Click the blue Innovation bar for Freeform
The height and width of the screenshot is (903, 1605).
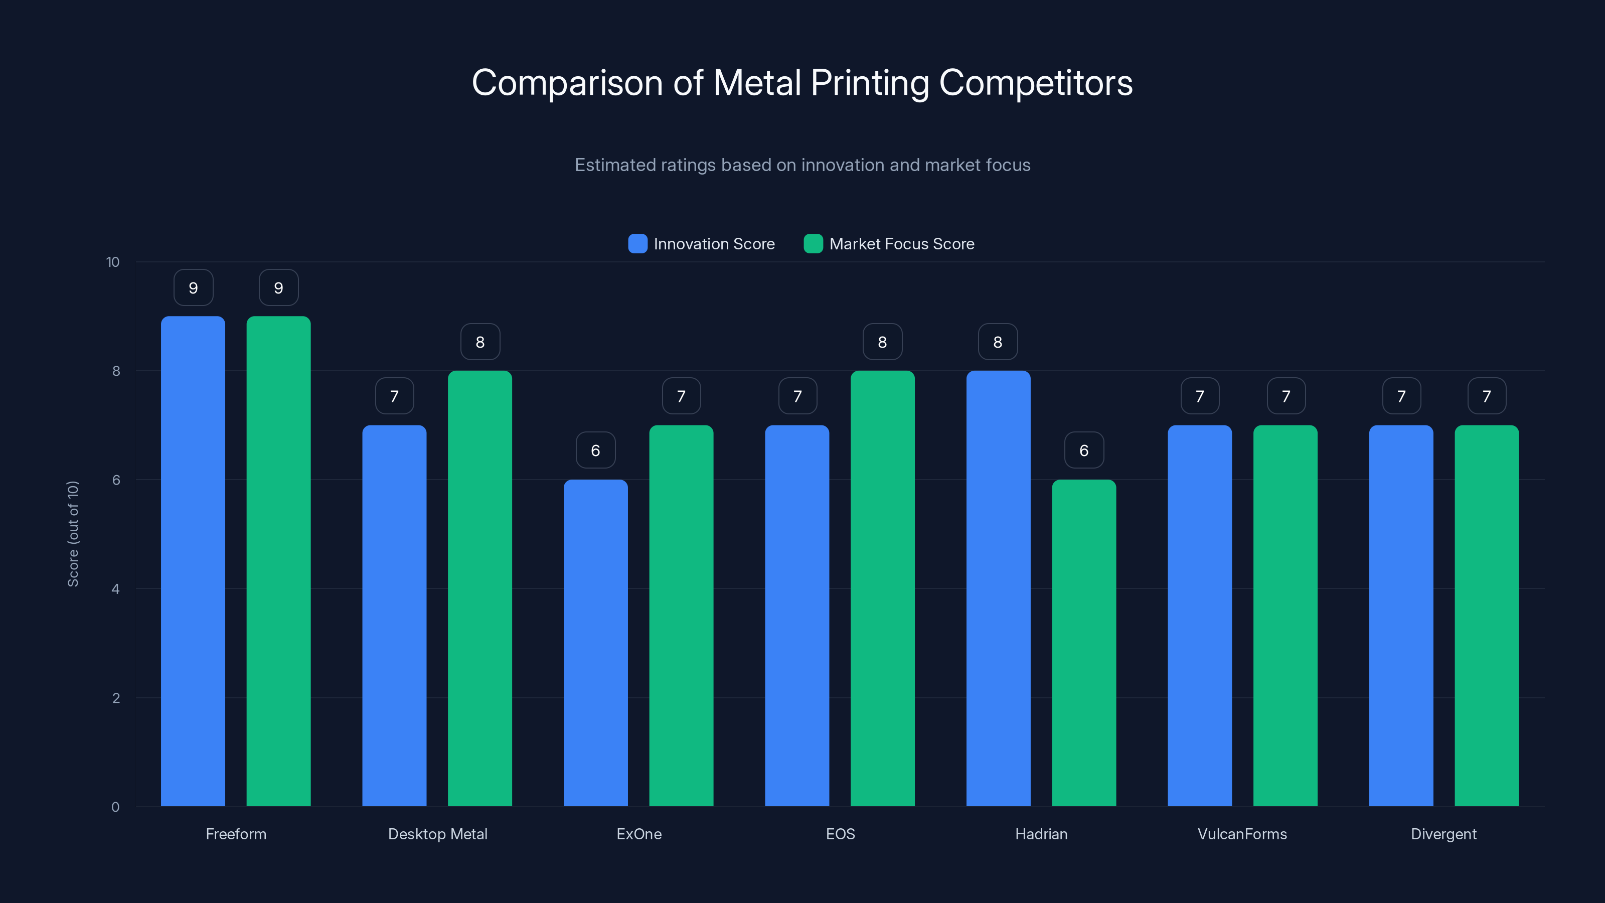[x=193, y=561]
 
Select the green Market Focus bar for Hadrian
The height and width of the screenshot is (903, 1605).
[x=1083, y=642]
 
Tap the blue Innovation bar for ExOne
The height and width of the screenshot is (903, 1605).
[x=596, y=642]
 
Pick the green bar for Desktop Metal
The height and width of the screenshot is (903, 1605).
[x=480, y=589]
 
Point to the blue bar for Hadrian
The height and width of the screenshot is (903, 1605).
[x=998, y=589]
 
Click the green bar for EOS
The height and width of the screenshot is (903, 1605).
[x=882, y=589]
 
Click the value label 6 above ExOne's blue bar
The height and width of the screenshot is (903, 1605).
[x=596, y=450]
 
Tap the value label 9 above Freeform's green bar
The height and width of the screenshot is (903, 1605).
[x=278, y=287]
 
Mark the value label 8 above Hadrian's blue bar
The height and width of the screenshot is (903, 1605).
[x=998, y=342]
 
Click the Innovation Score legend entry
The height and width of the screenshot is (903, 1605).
[x=702, y=244]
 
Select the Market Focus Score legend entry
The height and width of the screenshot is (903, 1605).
[x=889, y=244]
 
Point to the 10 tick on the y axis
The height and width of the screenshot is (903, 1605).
[x=113, y=262]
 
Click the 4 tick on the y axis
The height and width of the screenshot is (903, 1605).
[x=115, y=589]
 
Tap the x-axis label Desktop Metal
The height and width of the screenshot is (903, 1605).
[x=437, y=834]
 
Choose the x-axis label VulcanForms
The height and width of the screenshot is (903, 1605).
[x=1242, y=834]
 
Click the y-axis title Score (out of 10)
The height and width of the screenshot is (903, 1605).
[x=73, y=533]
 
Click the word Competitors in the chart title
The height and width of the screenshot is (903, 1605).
[x=1036, y=83]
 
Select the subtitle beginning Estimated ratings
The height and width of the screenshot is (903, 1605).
[x=802, y=165]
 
